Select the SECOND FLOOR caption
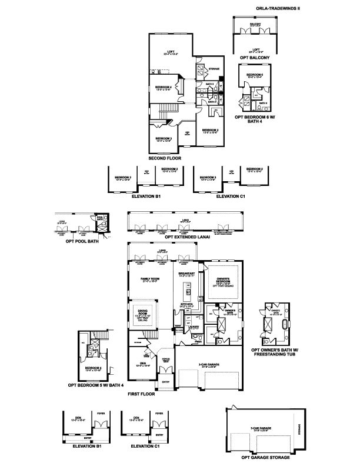pyautogui.click(x=165, y=158)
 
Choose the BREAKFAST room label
pyautogui.click(x=188, y=272)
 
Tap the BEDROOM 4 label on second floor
pyautogui.click(x=164, y=87)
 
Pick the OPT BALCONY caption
pyautogui.click(x=255, y=57)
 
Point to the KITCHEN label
pyautogui.click(x=187, y=304)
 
